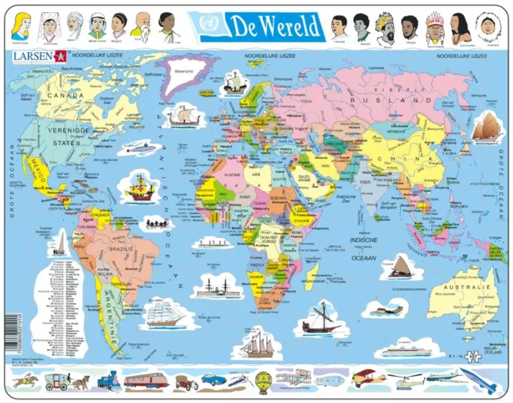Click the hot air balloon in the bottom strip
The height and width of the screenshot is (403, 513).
(x=263, y=381)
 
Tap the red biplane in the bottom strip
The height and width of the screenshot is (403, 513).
(x=368, y=378)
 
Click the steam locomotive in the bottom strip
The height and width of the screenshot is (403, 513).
(x=108, y=381)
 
